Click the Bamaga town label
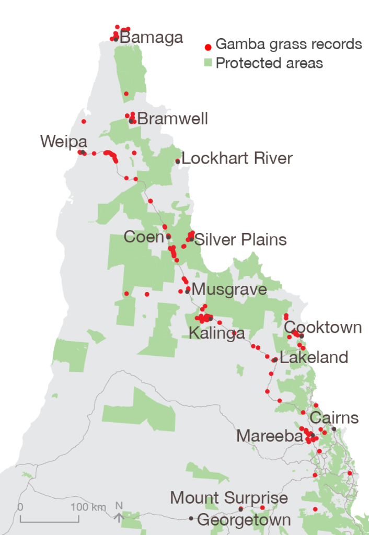[152, 38]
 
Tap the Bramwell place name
[172, 119]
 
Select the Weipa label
[63, 142]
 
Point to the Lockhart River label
[237, 158]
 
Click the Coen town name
[144, 237]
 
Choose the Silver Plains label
[240, 240]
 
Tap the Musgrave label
[229, 289]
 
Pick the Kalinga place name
[216, 333]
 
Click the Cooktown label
[323, 328]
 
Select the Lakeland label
[314, 358]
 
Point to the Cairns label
[335, 418]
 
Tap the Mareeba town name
[269, 436]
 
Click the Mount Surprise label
[229, 498]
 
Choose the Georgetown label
[244, 520]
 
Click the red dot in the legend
[208, 45]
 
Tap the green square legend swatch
[208, 63]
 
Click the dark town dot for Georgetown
[191, 518]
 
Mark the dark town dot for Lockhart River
[178, 161]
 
